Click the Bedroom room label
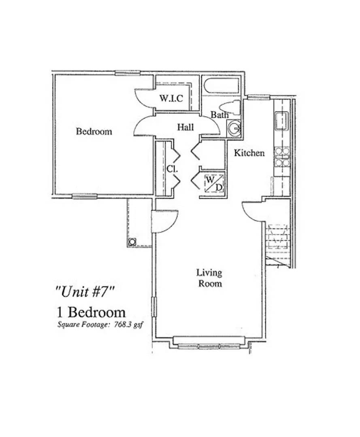pyautogui.click(x=94, y=132)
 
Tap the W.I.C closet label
pyautogui.click(x=170, y=98)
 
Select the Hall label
pyautogui.click(x=185, y=127)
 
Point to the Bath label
pyautogui.click(x=219, y=115)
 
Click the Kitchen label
pyautogui.click(x=249, y=153)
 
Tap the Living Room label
pyautogui.click(x=209, y=278)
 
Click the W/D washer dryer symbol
pyautogui.click(x=214, y=183)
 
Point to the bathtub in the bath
pyautogui.click(x=222, y=86)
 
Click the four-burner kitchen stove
pyautogui.click(x=282, y=157)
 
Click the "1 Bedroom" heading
pyautogui.click(x=90, y=312)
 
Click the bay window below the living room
pyautogui.click(x=209, y=346)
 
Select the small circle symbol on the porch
pyautogui.click(x=132, y=242)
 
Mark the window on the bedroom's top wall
pyautogui.click(x=128, y=73)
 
